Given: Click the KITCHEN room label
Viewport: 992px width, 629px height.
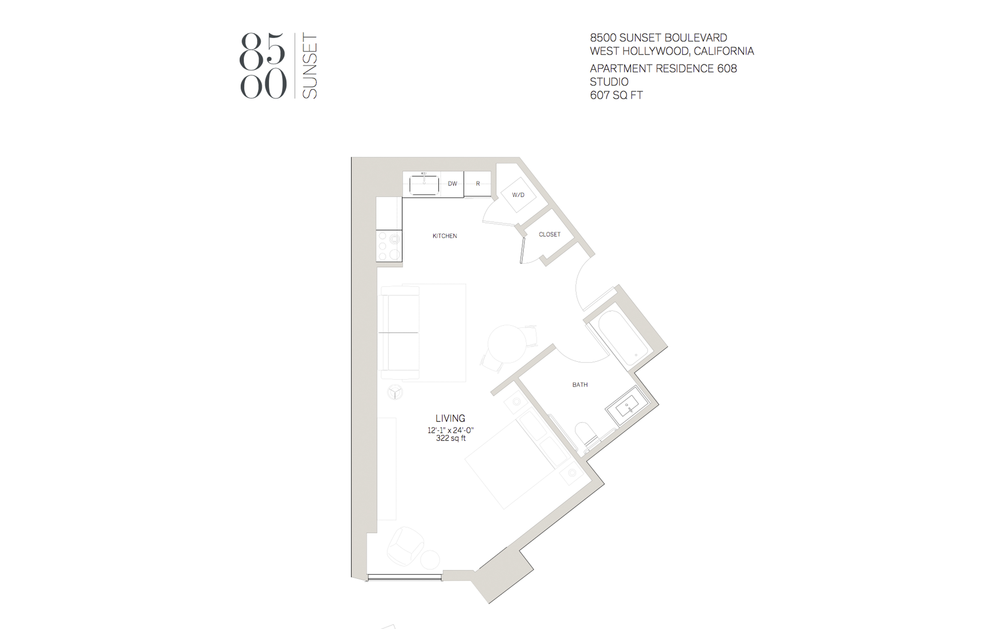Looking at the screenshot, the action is point(445,236).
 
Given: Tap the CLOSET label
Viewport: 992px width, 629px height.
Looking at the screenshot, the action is point(549,234).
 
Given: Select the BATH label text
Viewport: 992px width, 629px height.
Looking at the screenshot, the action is point(580,385).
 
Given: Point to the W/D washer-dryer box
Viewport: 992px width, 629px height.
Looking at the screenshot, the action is point(518,195).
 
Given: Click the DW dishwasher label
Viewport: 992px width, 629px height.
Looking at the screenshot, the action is point(452,184).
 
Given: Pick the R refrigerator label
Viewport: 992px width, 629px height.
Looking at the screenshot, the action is point(478,184).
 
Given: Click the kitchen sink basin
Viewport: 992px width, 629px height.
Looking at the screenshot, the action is point(424,185).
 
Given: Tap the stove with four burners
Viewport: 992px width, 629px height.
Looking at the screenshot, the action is point(389,246).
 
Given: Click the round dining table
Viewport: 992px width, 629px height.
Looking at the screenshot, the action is point(507,344).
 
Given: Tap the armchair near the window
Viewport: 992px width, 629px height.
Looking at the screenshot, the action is point(405,546).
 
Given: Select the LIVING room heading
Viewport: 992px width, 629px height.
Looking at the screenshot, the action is point(450,418).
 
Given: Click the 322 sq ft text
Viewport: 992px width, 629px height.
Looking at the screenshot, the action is point(451,438).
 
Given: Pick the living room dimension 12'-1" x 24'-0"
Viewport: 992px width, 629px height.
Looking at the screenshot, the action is point(451,431).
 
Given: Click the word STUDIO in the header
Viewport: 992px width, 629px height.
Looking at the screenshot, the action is point(609,81).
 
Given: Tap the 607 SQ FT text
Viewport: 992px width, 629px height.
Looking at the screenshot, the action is point(616,95).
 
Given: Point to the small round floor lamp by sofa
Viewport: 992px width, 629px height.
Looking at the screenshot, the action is point(395,392).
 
